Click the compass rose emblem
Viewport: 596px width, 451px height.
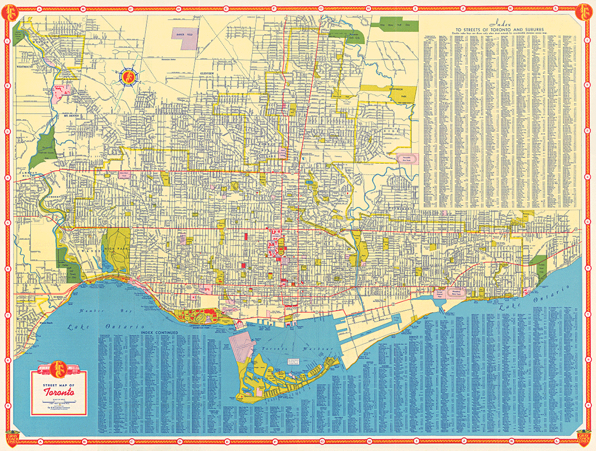click(129, 75)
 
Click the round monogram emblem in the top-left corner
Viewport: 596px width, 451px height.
click(12, 11)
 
